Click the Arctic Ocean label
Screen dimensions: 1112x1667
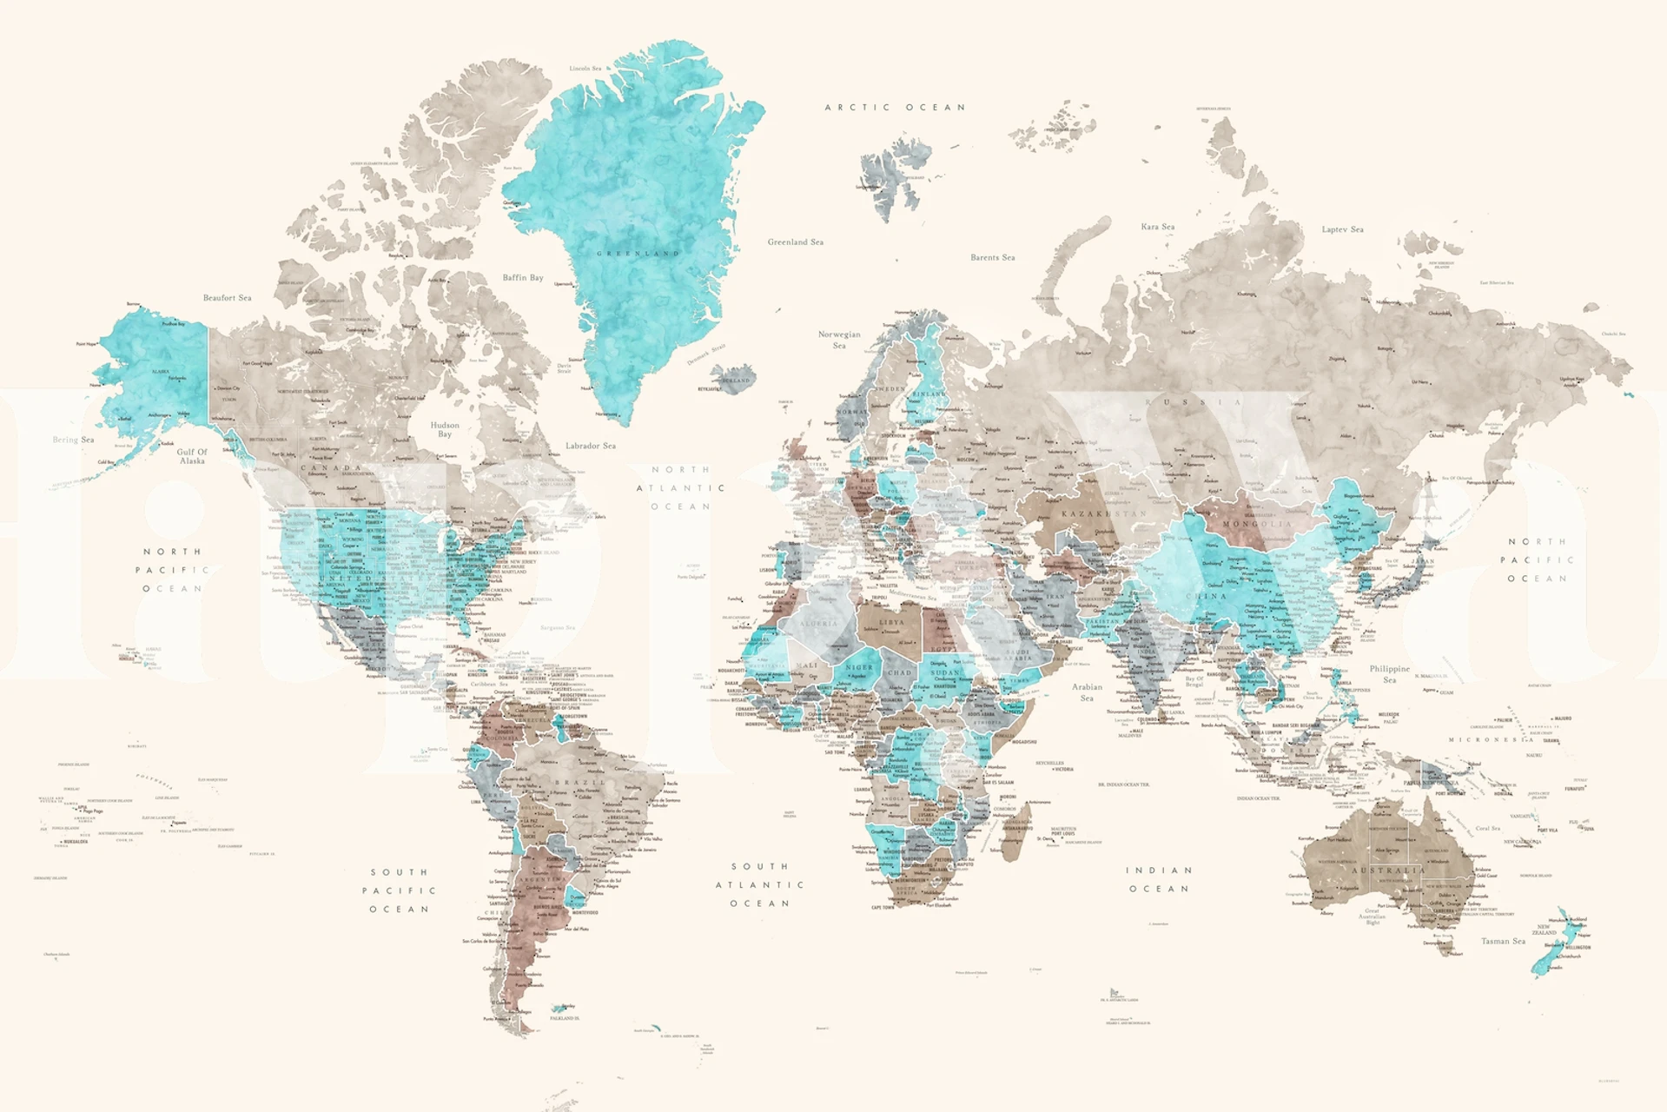click(895, 108)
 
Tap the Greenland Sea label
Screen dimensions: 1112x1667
click(795, 242)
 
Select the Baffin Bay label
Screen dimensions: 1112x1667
click(523, 278)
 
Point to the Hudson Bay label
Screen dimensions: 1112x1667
click(445, 429)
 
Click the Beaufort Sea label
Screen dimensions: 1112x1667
click(227, 298)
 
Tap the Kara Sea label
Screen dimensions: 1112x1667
click(1157, 227)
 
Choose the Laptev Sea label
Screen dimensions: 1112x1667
click(1342, 229)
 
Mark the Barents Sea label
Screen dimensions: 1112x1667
click(992, 258)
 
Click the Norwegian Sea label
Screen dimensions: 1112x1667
click(839, 339)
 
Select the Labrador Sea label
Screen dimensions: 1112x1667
click(591, 446)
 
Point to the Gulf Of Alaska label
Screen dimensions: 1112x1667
click(192, 456)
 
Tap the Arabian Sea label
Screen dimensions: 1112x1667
click(1087, 692)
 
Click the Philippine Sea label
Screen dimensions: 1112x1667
click(1389, 673)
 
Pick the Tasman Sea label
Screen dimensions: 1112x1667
click(1503, 941)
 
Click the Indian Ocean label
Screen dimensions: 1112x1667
click(1159, 879)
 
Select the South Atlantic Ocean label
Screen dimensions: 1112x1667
click(759, 884)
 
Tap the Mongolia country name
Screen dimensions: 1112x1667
click(1257, 525)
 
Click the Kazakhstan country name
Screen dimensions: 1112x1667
click(1103, 513)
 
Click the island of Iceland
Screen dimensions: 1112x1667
click(732, 379)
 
